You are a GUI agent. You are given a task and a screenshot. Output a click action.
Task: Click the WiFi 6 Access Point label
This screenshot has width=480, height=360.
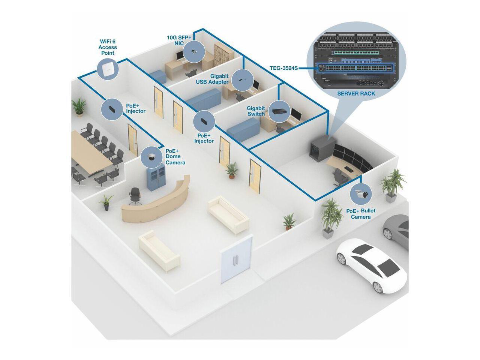[x=108, y=47]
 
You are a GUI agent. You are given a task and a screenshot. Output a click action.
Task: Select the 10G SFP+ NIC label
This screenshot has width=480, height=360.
[x=179, y=40]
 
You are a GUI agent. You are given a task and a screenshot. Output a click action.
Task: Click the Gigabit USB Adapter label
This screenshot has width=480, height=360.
[x=212, y=79]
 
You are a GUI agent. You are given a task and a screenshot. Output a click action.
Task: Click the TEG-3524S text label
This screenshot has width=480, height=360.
[x=284, y=69]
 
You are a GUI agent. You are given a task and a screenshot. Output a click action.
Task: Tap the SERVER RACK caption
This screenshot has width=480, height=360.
[x=356, y=93]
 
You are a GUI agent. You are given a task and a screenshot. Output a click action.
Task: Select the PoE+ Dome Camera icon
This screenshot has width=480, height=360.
[x=151, y=157]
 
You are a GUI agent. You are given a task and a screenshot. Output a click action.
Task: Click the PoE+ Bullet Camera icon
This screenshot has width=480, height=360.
[x=361, y=194]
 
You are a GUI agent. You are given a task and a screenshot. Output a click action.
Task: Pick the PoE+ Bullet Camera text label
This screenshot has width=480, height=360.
[x=361, y=214]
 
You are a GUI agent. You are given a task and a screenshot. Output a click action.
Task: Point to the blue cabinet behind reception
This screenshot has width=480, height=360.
[x=156, y=177]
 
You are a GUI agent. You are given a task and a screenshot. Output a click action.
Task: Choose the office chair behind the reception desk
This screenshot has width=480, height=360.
[x=135, y=196]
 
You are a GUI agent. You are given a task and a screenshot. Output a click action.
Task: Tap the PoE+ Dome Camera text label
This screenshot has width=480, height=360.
[x=175, y=156]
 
